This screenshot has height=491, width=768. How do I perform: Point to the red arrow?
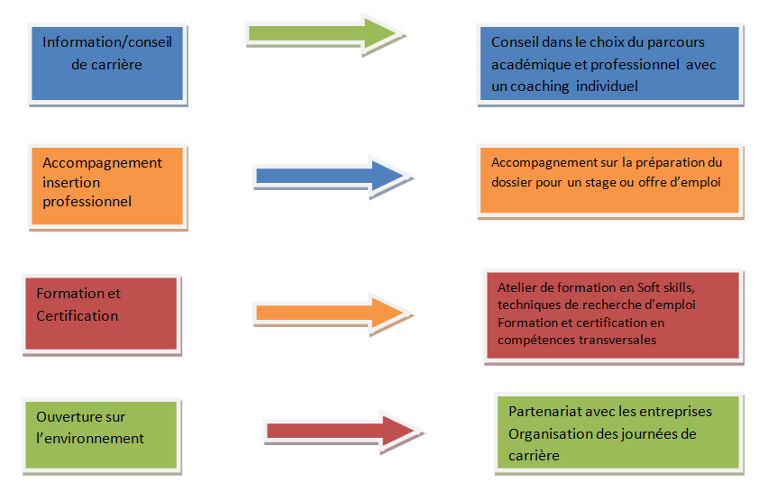click(339, 430)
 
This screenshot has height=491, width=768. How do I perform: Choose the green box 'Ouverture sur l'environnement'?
click(102, 434)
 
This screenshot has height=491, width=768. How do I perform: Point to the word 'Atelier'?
click(517, 287)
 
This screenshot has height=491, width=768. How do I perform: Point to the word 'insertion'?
click(72, 182)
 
